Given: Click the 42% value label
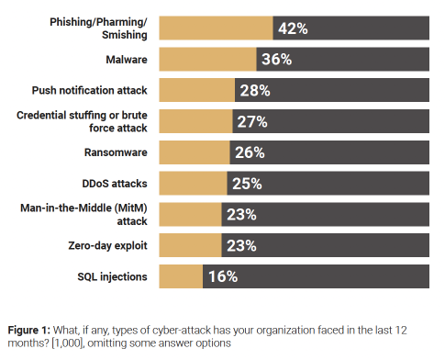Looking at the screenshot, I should pos(292,28).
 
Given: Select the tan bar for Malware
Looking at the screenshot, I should pos(207,60).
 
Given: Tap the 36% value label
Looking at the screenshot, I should pos(275,60).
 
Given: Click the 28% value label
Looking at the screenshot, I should pos(254,90).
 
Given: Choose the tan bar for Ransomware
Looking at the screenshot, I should pos(195,152).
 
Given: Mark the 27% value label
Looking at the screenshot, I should pos(251,121).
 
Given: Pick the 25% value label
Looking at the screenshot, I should pos(246,184).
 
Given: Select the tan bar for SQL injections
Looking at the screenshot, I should pos(181,276).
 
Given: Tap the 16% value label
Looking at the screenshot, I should pos(221,276).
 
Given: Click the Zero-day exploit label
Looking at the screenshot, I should pos(110,244).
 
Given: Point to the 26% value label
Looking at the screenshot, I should pos(249,152).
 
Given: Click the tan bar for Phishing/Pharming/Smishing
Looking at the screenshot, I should pos(216,28).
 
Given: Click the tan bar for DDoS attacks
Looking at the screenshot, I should pos(193,184).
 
